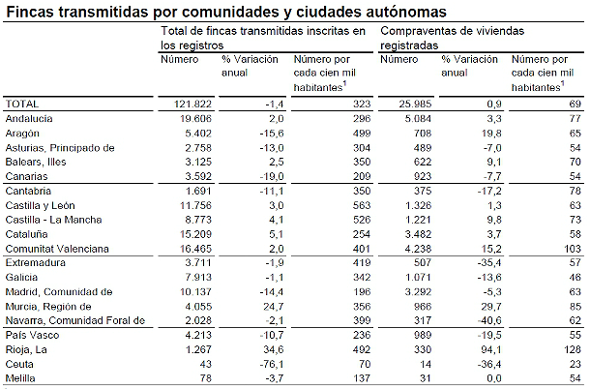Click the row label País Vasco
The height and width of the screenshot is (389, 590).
(31, 335)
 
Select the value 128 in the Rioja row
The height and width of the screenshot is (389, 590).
(571, 349)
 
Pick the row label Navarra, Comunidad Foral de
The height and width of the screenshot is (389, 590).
(74, 320)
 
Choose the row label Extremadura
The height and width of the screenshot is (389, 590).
(36, 262)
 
